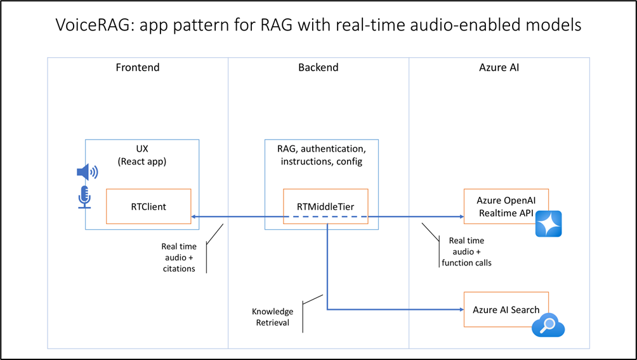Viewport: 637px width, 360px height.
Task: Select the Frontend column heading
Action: click(x=138, y=67)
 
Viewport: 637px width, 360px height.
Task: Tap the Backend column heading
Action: click(x=318, y=67)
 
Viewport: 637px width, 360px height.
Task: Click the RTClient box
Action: click(x=148, y=206)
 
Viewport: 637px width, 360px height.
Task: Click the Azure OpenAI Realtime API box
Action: click(x=506, y=206)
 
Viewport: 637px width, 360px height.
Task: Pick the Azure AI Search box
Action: click(x=506, y=310)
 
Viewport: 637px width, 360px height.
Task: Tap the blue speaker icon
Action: click(x=87, y=172)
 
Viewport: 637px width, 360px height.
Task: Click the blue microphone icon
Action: click(x=84, y=197)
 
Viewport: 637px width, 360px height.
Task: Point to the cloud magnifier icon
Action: click(x=548, y=326)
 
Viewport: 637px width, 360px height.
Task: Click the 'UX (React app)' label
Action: click(x=142, y=156)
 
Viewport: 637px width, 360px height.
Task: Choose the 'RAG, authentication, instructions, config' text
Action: click(x=320, y=156)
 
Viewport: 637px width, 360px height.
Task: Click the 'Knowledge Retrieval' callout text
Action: click(x=273, y=317)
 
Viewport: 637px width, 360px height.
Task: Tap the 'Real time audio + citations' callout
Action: click(x=179, y=257)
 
